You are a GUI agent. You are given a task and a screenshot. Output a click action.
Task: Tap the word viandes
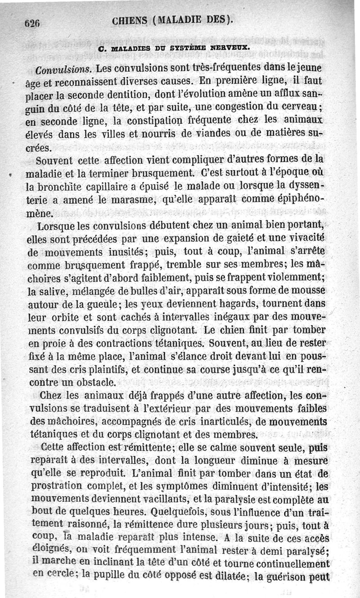212,134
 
